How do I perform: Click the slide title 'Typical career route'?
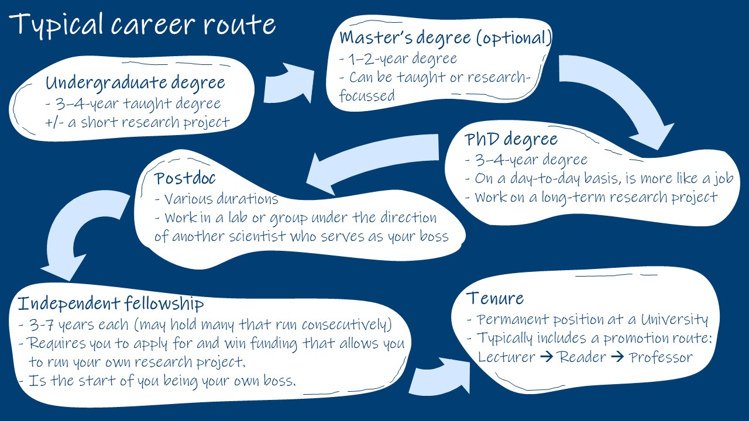click(x=142, y=25)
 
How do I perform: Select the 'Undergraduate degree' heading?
click(x=135, y=82)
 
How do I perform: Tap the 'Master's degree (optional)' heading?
click(x=445, y=38)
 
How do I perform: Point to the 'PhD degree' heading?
click(x=511, y=140)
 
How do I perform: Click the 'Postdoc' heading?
click(x=185, y=178)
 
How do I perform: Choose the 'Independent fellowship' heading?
click(x=111, y=304)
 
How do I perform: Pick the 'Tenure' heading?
click(x=495, y=298)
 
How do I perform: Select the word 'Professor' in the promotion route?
click(x=661, y=357)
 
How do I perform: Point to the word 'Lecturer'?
click(x=507, y=357)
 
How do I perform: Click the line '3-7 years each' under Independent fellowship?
click(x=205, y=325)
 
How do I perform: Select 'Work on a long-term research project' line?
click(x=591, y=197)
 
